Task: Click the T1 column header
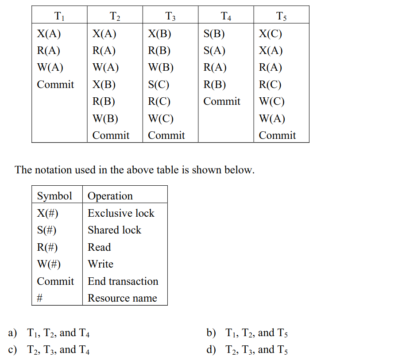click(x=59, y=16)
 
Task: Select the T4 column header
click(x=226, y=16)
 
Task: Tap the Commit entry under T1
click(x=55, y=84)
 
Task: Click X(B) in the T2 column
click(x=104, y=84)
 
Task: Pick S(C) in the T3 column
click(x=159, y=84)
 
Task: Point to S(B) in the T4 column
click(x=214, y=34)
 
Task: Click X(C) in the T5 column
click(x=271, y=34)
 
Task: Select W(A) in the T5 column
click(x=272, y=118)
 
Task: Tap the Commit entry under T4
click(x=222, y=101)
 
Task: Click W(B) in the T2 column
click(x=105, y=118)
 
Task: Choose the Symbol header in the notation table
click(x=54, y=196)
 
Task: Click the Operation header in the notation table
click(x=110, y=196)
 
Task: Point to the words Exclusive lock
click(x=121, y=213)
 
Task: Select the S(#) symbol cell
click(x=46, y=230)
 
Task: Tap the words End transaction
click(x=123, y=281)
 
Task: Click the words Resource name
click(x=122, y=298)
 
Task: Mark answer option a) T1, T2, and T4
click(x=49, y=333)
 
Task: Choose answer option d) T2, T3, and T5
click(x=247, y=350)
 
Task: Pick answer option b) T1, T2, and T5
click(x=247, y=333)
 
